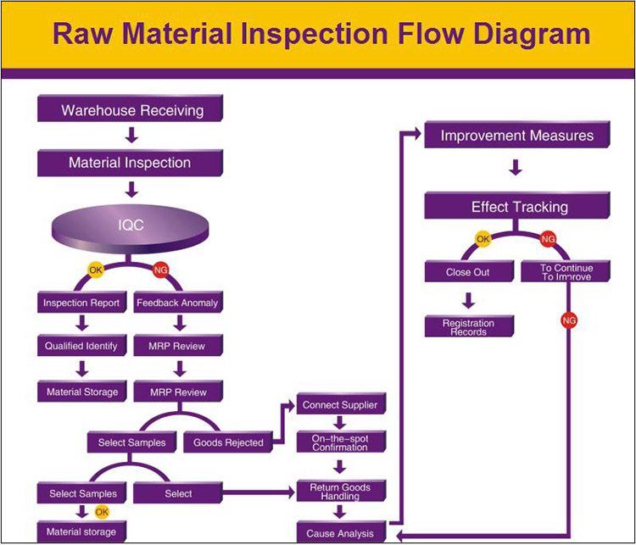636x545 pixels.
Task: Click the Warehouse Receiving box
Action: pyautogui.click(x=131, y=108)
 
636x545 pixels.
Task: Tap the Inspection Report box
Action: pyautogui.click(x=82, y=302)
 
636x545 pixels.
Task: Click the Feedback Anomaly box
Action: pyautogui.click(x=178, y=302)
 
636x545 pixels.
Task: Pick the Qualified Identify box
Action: pyautogui.click(x=82, y=346)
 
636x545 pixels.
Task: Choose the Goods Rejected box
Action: pyautogui.click(x=228, y=442)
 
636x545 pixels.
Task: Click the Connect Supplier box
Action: pyautogui.click(x=341, y=404)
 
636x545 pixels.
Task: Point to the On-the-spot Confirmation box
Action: pyautogui.click(x=341, y=442)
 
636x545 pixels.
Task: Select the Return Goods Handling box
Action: pyautogui.click(x=341, y=491)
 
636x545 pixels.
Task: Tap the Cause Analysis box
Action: pyautogui.click(x=341, y=532)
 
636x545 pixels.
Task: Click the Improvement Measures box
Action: pyautogui.click(x=517, y=135)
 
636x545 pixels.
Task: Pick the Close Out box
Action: pyautogui.click(x=469, y=271)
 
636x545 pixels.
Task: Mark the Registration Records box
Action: pyautogui.click(x=469, y=326)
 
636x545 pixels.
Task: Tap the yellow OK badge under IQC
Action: pyautogui.click(x=96, y=270)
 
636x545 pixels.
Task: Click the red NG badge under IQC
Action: pyautogui.click(x=161, y=270)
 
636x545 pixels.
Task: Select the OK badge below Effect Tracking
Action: pyautogui.click(x=483, y=239)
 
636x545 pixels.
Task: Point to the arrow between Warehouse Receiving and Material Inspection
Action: pyautogui.click(x=131, y=136)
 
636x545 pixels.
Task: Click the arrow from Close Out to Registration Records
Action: pyautogui.click(x=468, y=301)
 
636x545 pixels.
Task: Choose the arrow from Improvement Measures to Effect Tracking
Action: pyautogui.click(x=516, y=168)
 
